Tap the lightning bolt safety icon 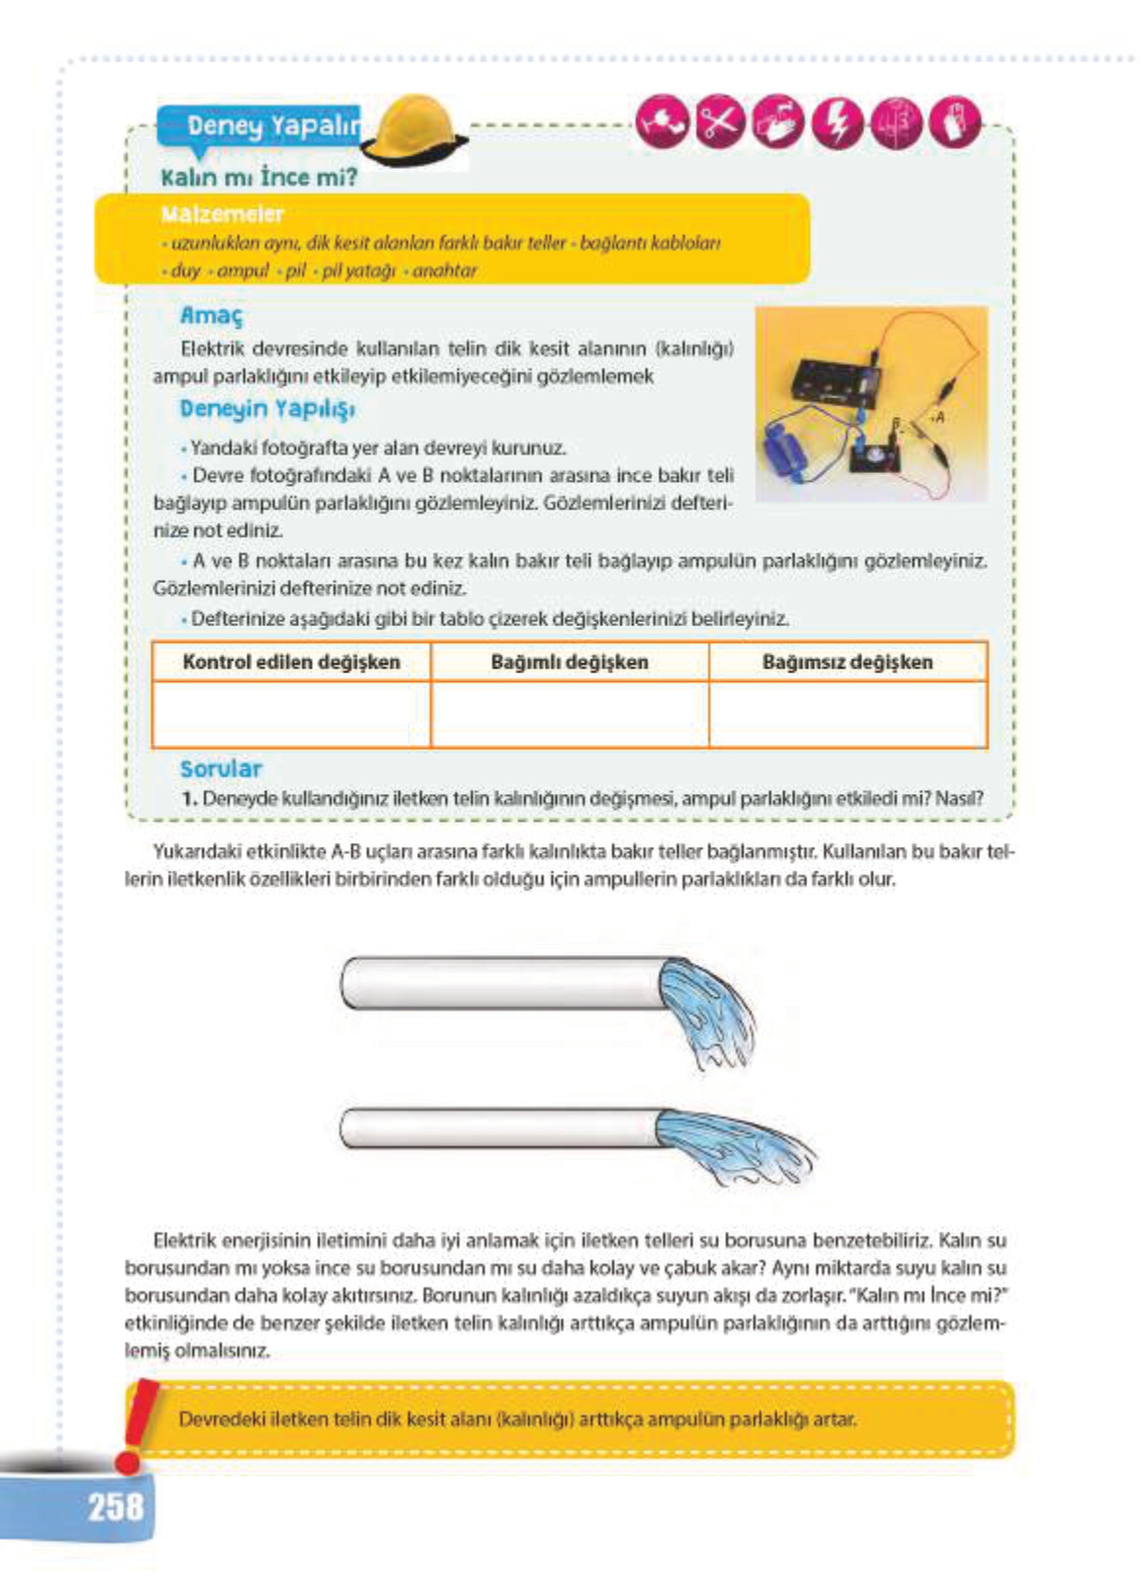pos(837,124)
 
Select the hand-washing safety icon pos(778,124)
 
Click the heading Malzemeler pos(223,214)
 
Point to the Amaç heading pos(211,316)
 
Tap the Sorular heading pos(221,768)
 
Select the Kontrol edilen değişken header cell pos(291,661)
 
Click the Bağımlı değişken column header pos(569,661)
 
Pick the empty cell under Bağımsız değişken pos(848,714)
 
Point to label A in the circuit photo pos(939,417)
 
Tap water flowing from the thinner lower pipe pos(736,1143)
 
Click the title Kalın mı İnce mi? pos(259,178)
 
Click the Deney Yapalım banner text pos(272,126)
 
